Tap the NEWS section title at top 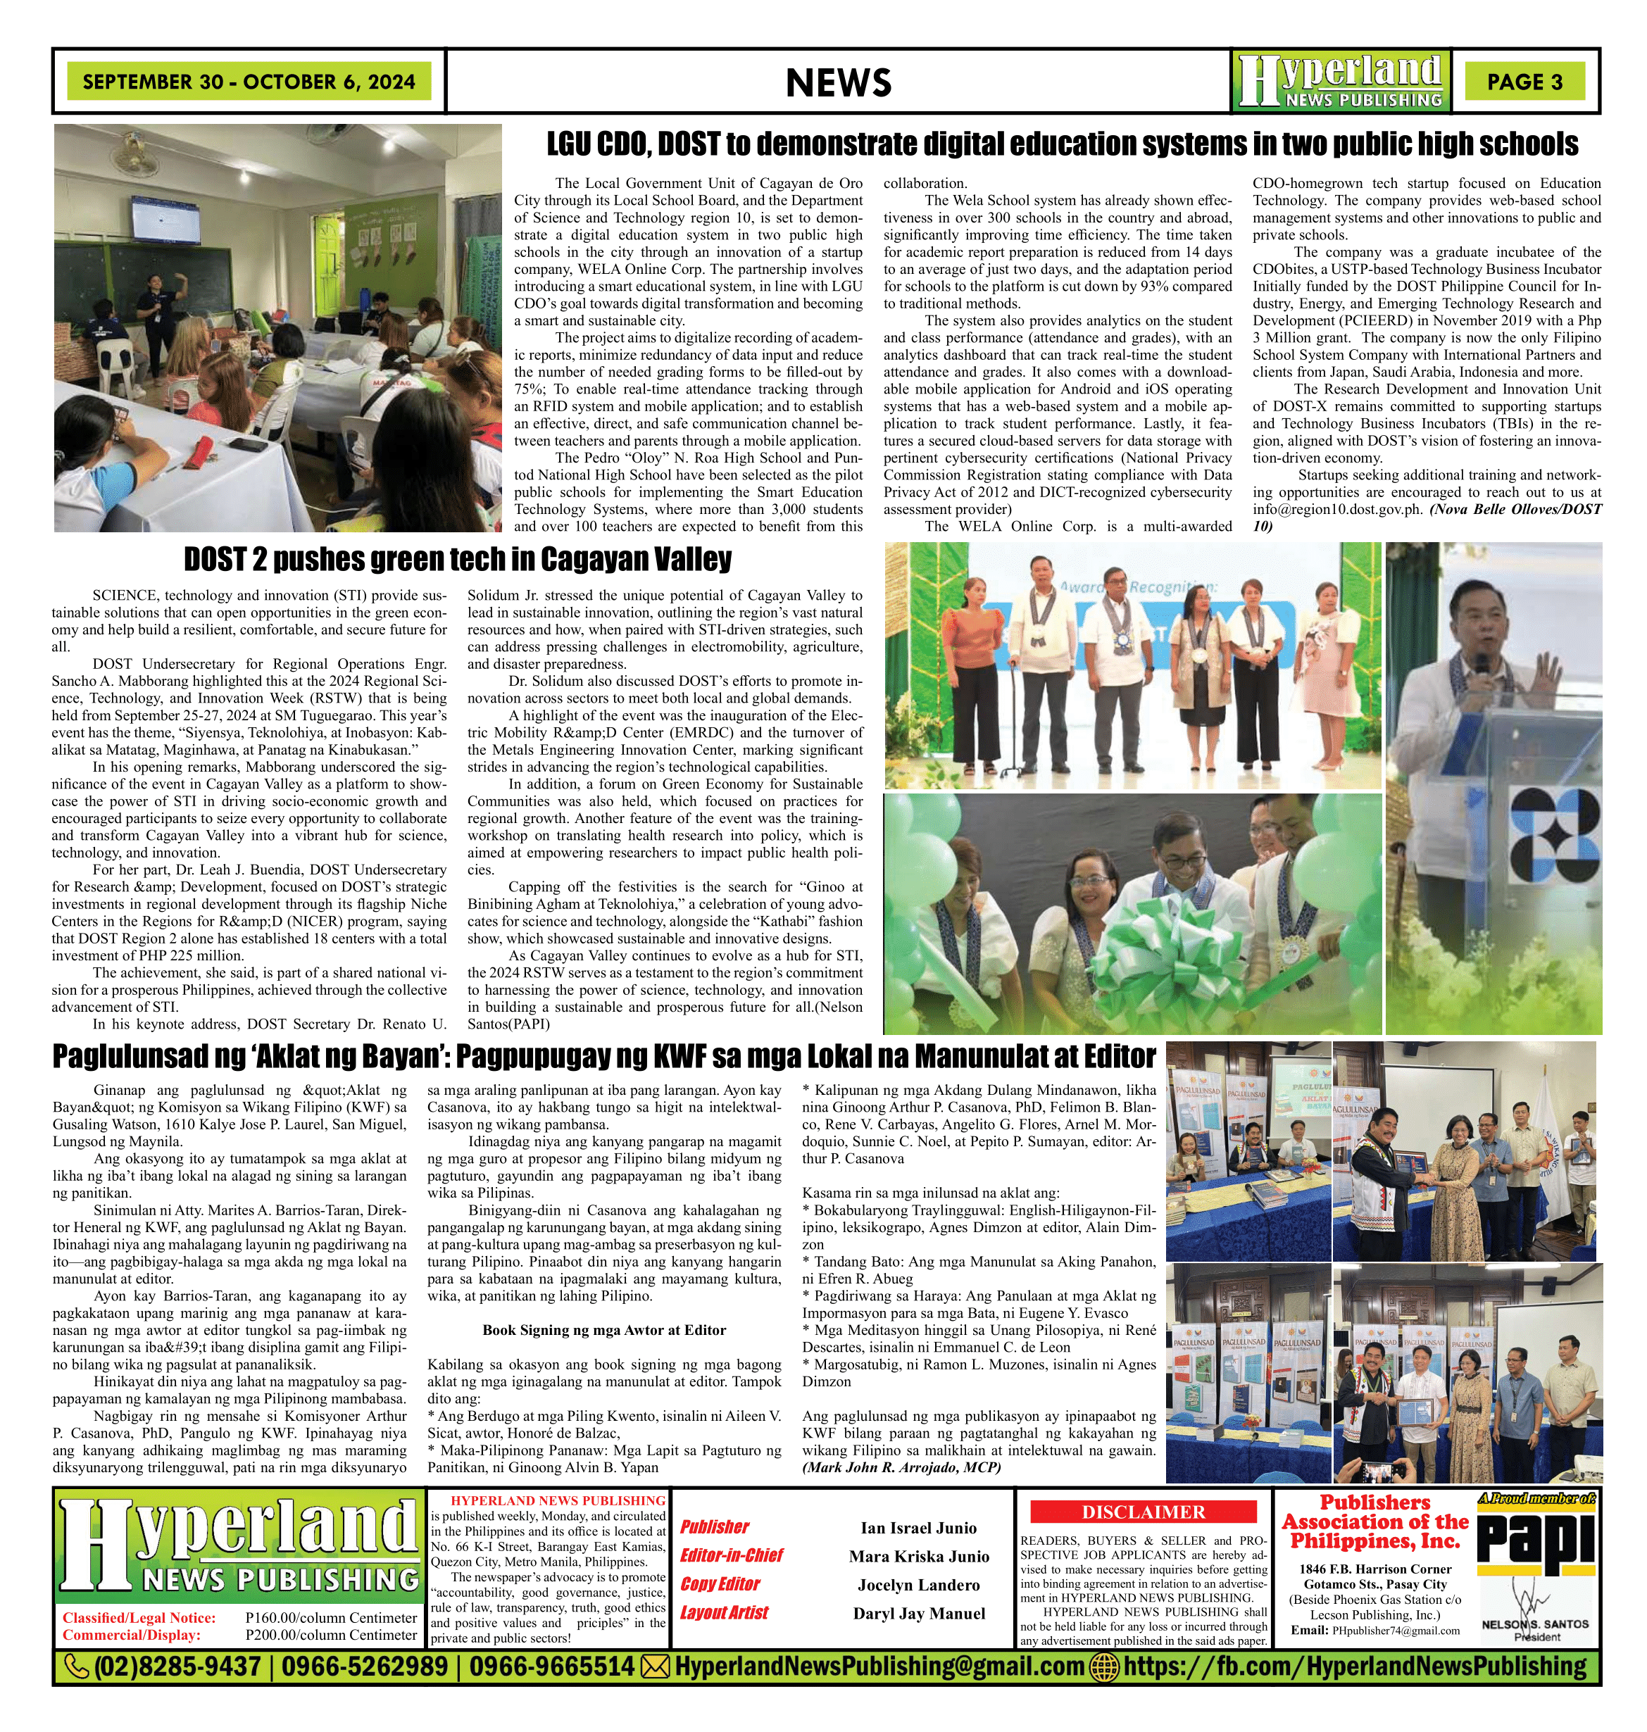point(839,82)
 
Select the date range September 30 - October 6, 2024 point(249,82)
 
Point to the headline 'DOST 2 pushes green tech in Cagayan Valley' point(458,559)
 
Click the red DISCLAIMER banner point(1143,1512)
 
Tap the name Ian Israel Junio point(918,1527)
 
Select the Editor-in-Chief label point(732,1555)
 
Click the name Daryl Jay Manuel point(918,1614)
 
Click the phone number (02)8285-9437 point(177,1666)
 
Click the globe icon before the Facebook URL point(1103,1666)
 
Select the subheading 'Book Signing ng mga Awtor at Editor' point(604,1330)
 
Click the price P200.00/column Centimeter point(331,1635)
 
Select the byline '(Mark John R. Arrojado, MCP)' point(901,1467)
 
